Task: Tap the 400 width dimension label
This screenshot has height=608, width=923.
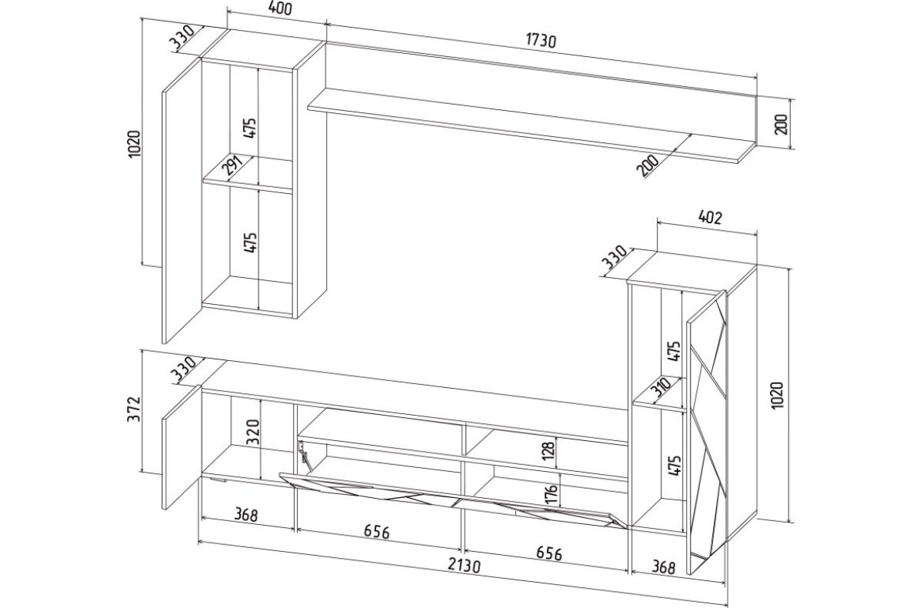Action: click(279, 8)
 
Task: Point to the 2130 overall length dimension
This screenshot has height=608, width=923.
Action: click(465, 566)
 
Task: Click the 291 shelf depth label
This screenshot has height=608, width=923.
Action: click(233, 166)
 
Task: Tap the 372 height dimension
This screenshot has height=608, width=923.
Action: click(134, 409)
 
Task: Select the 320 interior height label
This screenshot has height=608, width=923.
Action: click(252, 433)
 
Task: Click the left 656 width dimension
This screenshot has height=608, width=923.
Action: click(377, 532)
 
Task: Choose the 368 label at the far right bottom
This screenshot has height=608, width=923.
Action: click(664, 568)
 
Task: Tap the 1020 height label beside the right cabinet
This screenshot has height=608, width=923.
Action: click(777, 396)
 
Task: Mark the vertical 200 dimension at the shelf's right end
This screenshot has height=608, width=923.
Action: click(781, 124)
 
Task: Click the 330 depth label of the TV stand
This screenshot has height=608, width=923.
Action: click(184, 369)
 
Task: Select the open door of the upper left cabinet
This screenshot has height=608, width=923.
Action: click(182, 201)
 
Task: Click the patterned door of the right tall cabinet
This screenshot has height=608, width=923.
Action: click(706, 432)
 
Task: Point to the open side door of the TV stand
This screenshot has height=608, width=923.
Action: click(182, 447)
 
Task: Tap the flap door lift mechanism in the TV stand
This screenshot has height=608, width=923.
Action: click(305, 456)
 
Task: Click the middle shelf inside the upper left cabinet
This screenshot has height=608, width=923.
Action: click(248, 175)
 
